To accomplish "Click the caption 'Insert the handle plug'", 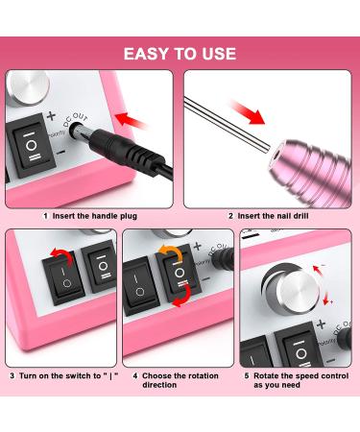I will pyautogui.click(x=91, y=216).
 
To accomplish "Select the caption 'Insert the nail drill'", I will pyautogui.click(x=279, y=216).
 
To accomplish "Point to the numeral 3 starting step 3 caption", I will pyautogui.click(x=12, y=374).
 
